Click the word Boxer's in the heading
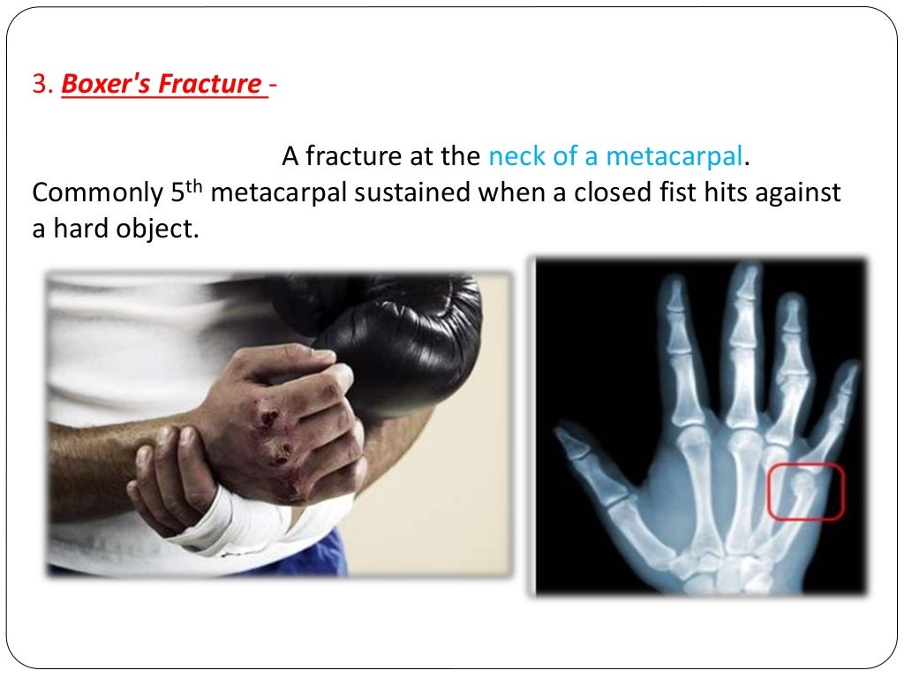pyautogui.click(x=103, y=85)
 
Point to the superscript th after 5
pyautogui.click(x=197, y=185)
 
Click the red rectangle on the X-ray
pyautogui.click(x=805, y=491)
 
